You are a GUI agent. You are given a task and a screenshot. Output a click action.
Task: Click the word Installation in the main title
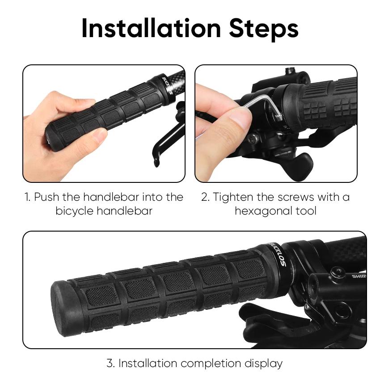click(151, 28)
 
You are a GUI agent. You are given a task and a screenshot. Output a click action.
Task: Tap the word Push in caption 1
click(46, 197)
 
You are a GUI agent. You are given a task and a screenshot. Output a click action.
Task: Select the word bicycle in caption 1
click(74, 211)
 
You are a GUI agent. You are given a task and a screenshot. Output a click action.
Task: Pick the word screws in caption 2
click(296, 197)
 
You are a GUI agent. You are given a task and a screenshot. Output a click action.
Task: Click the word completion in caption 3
click(211, 364)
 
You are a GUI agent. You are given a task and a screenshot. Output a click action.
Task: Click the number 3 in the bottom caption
click(110, 363)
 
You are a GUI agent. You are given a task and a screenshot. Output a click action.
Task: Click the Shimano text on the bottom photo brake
click(359, 276)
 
